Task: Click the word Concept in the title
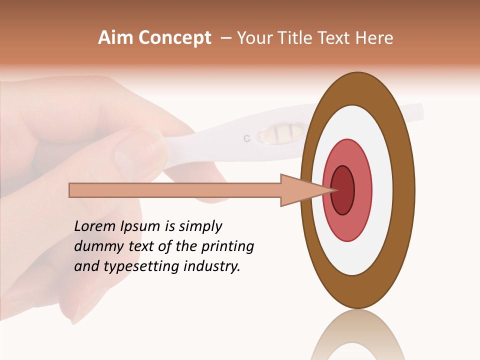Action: [175, 38]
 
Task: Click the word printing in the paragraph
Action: [227, 246]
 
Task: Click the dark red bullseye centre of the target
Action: [343, 190]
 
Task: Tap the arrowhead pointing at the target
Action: [305, 190]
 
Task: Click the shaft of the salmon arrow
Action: [175, 190]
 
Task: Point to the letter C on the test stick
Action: [246, 138]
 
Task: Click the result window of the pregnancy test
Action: [280, 133]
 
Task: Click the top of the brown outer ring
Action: [357, 88]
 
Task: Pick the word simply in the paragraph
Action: [200, 226]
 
